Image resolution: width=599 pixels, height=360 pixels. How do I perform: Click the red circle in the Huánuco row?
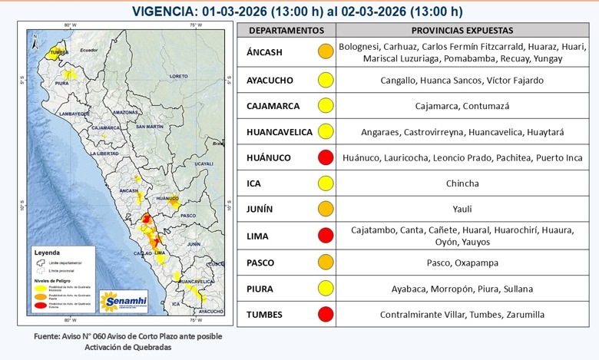point(326,157)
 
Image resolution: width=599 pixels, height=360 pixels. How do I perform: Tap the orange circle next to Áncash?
point(326,52)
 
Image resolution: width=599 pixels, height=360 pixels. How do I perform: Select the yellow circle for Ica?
point(326,183)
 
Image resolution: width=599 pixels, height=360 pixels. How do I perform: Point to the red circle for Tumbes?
point(326,314)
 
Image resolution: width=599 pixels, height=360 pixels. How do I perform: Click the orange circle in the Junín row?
point(326,209)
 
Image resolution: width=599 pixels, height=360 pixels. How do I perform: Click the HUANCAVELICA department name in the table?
point(279,131)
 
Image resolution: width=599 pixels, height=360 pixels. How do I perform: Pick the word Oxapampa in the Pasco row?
point(478,262)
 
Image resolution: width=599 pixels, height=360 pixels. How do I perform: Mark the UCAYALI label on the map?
point(204,163)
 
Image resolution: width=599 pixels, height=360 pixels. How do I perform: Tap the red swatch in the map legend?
point(36,306)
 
